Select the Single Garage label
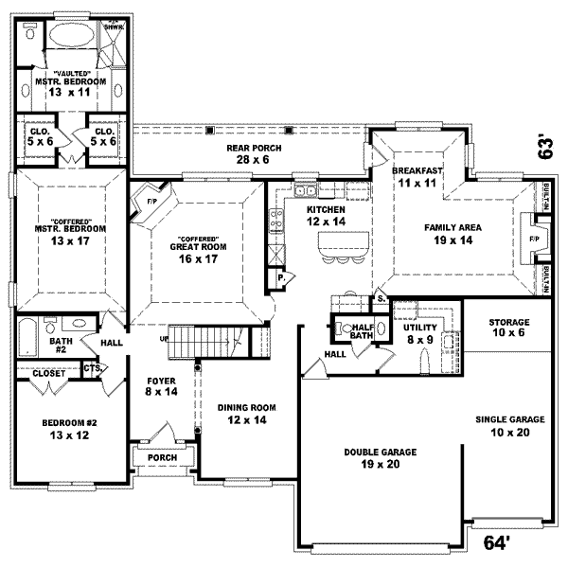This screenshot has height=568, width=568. pyautogui.click(x=510, y=425)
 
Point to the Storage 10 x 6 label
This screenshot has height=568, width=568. pyautogui.click(x=509, y=328)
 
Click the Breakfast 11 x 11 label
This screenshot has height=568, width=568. pyautogui.click(x=418, y=175)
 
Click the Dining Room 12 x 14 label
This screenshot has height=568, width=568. pyautogui.click(x=246, y=413)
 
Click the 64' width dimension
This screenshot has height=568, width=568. pyautogui.click(x=498, y=543)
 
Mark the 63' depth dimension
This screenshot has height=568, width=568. pyautogui.click(x=545, y=145)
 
